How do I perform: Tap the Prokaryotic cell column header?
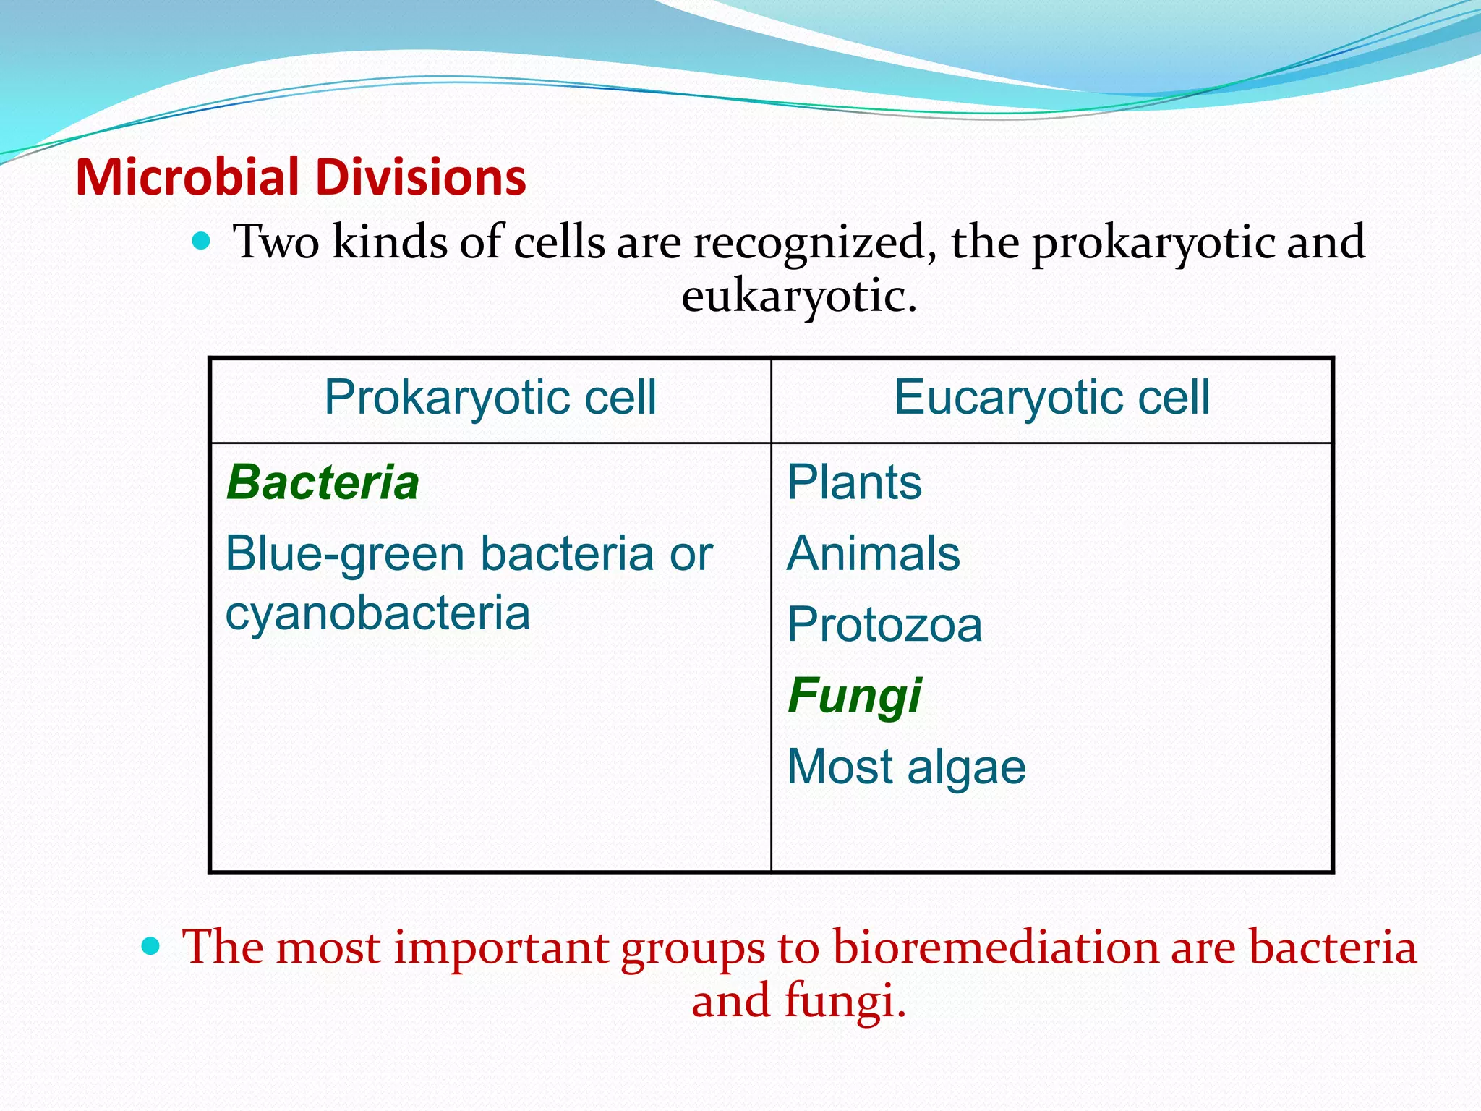click(490, 398)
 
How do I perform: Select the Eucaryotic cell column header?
click(1051, 398)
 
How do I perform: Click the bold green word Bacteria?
click(323, 482)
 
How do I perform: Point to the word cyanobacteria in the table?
click(377, 613)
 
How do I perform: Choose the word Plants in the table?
click(854, 482)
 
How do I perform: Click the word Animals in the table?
click(873, 553)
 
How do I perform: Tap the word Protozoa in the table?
click(884, 624)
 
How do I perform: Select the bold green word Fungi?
click(854, 696)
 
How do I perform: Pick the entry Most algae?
click(906, 767)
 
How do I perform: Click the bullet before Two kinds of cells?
click(202, 241)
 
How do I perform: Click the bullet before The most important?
click(150, 945)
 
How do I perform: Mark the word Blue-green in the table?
click(344, 555)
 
